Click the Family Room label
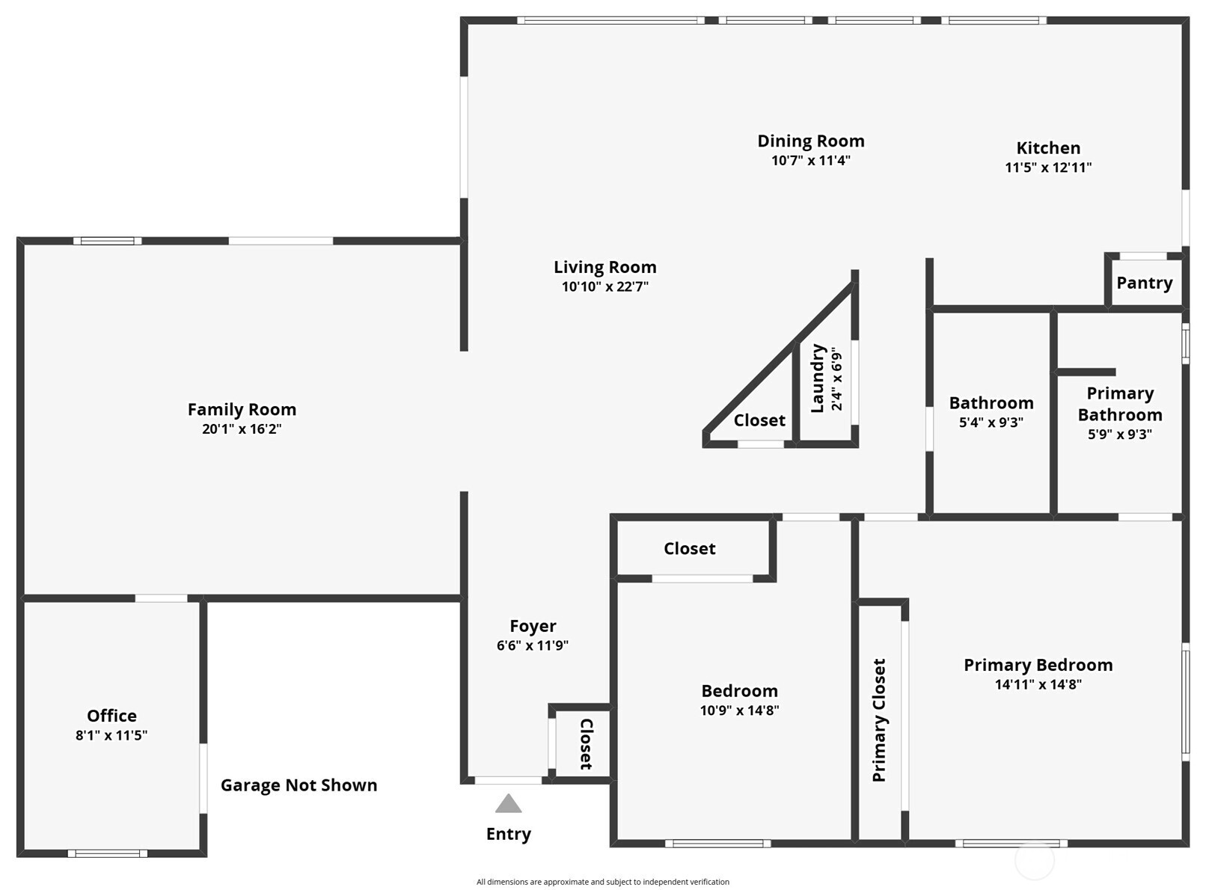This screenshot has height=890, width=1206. pos(242,410)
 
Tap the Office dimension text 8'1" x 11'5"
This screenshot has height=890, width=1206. pos(111,735)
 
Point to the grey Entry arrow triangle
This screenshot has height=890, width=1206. pos(509,804)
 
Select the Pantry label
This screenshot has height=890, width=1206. pos(1144,283)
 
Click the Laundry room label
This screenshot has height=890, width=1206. pos(818,378)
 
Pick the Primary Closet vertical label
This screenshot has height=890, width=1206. pos(879,720)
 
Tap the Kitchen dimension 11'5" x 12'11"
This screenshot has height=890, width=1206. pos(1048,168)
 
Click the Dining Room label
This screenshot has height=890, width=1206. pos(811,141)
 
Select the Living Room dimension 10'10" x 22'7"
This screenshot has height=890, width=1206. pos(605,286)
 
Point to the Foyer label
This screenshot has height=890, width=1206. pos(533,626)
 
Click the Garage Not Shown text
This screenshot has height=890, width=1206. pos(299,785)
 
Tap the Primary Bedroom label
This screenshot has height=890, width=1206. pos(1038,665)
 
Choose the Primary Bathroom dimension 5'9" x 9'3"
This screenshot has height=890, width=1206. pos(1119,435)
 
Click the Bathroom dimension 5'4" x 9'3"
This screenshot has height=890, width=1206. pos(991,423)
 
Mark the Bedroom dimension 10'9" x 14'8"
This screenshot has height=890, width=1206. pos(739,711)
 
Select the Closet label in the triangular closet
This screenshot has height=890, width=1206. pos(759,420)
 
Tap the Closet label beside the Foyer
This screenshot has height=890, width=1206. pos(587,743)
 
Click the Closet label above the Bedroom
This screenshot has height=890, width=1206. pos(689,549)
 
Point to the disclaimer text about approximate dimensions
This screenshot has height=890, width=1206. pos(603,882)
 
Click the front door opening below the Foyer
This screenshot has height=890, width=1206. pos(509,781)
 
